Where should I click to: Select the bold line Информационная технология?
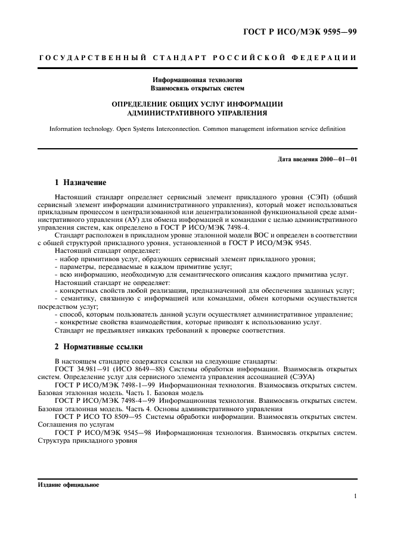[197, 79]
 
